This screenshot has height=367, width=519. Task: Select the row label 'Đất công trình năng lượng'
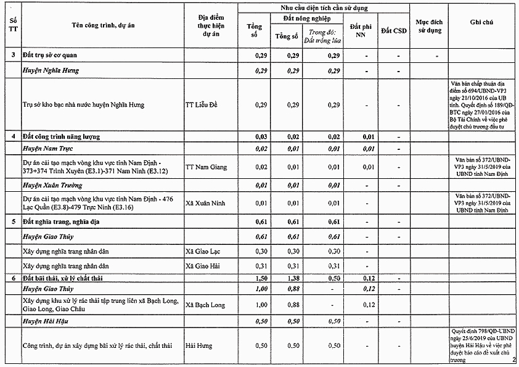60,136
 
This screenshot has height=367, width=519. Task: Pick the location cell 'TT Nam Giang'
206,167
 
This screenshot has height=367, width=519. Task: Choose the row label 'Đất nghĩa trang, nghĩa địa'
60,221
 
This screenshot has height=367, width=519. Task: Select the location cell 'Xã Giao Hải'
203,266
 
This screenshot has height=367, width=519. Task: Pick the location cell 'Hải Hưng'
198,346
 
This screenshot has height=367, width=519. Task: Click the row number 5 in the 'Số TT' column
14,221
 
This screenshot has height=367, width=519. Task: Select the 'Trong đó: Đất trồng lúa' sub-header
326,36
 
